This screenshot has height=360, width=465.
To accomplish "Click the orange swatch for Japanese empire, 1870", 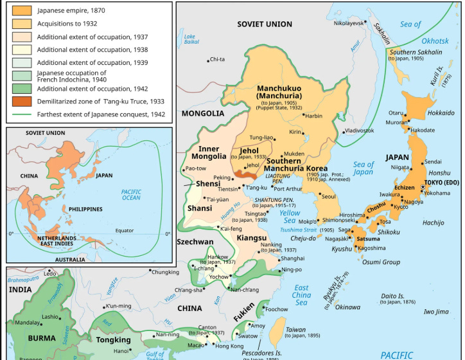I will (x=21, y=11).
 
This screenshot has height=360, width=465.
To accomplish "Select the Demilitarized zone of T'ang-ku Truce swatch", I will (x=21, y=101).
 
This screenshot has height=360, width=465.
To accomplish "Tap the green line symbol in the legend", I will (x=21, y=114).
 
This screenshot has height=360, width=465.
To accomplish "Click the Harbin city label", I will (x=313, y=116).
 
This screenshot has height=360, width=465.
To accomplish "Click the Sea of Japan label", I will (x=363, y=168).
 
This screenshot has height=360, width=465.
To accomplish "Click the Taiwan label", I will (x=295, y=329).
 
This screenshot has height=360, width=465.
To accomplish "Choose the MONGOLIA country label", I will (x=202, y=114).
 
